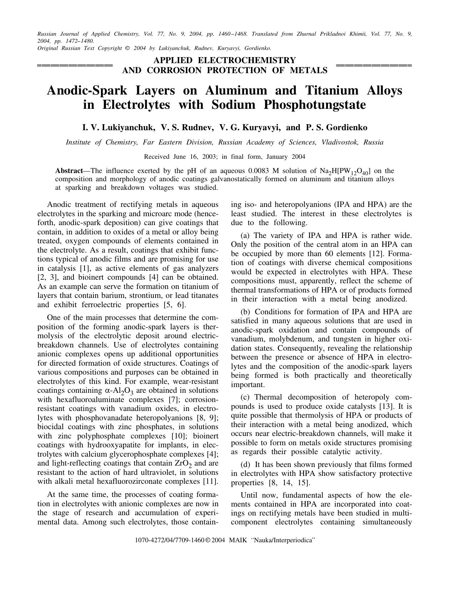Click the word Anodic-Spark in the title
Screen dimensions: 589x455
tap(87, 90)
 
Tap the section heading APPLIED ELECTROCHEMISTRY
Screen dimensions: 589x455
tap(224, 60)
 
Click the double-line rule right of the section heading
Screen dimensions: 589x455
tap(374, 66)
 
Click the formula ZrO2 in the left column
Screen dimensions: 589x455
tap(183, 464)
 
